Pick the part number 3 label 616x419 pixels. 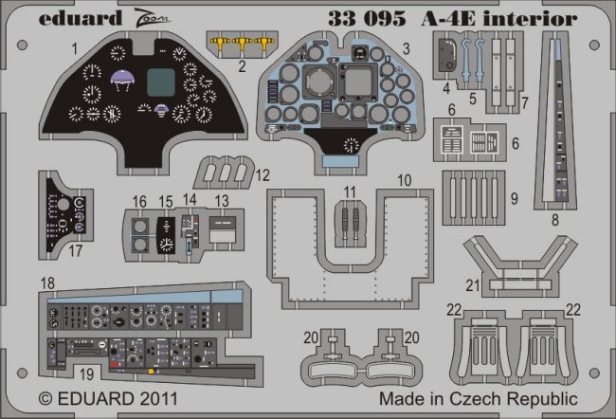405,46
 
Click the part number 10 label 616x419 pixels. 404,179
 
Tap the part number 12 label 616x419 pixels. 263,173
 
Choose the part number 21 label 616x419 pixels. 471,285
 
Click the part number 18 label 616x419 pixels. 46,282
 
